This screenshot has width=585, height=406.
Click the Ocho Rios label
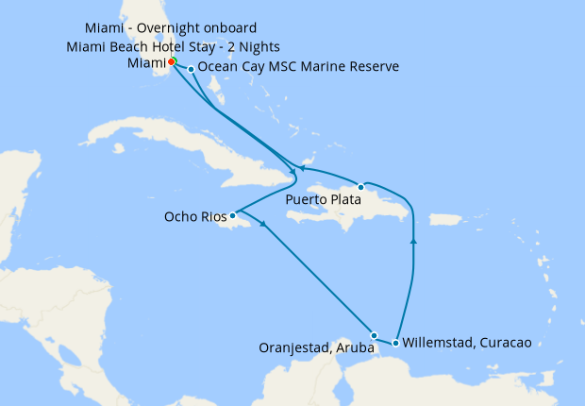pyautogui.click(x=195, y=215)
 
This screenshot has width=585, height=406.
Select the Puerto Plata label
pyautogui.click(x=321, y=200)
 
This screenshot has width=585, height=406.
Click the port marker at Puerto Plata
pyautogui.click(x=360, y=187)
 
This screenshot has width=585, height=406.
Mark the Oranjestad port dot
pyautogui.click(x=375, y=335)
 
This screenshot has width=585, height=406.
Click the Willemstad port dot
pyautogui.click(x=395, y=343)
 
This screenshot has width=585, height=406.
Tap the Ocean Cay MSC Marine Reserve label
pyautogui.click(x=298, y=67)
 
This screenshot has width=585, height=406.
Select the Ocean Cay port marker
pyautogui.click(x=192, y=69)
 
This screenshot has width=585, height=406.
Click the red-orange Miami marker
pyautogui.click(x=172, y=62)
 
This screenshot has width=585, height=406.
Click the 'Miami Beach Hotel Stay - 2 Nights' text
pyautogui.click(x=174, y=46)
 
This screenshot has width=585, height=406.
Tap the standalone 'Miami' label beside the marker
pyautogui.click(x=145, y=63)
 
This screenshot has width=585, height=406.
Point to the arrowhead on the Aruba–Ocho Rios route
pyautogui.click(x=262, y=225)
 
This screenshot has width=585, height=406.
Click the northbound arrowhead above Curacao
pyautogui.click(x=414, y=241)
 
